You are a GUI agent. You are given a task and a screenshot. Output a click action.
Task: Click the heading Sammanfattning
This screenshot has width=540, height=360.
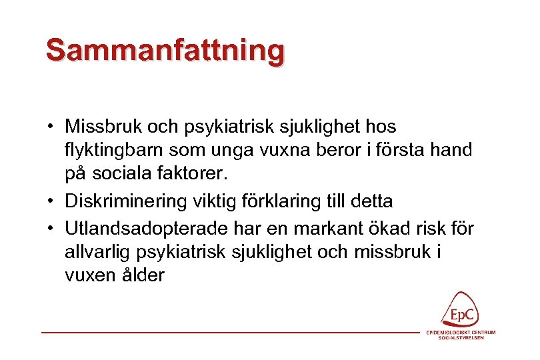click(x=165, y=51)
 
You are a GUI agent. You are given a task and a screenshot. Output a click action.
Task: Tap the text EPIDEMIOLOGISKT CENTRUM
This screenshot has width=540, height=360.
click(x=461, y=333)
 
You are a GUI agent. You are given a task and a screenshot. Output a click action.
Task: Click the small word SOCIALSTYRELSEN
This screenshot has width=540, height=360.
click(x=461, y=338)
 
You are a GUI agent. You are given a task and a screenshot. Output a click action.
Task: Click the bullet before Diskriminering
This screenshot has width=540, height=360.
click(x=51, y=201)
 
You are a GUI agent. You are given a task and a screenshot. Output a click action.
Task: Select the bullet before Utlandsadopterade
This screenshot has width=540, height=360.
click(x=51, y=229)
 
